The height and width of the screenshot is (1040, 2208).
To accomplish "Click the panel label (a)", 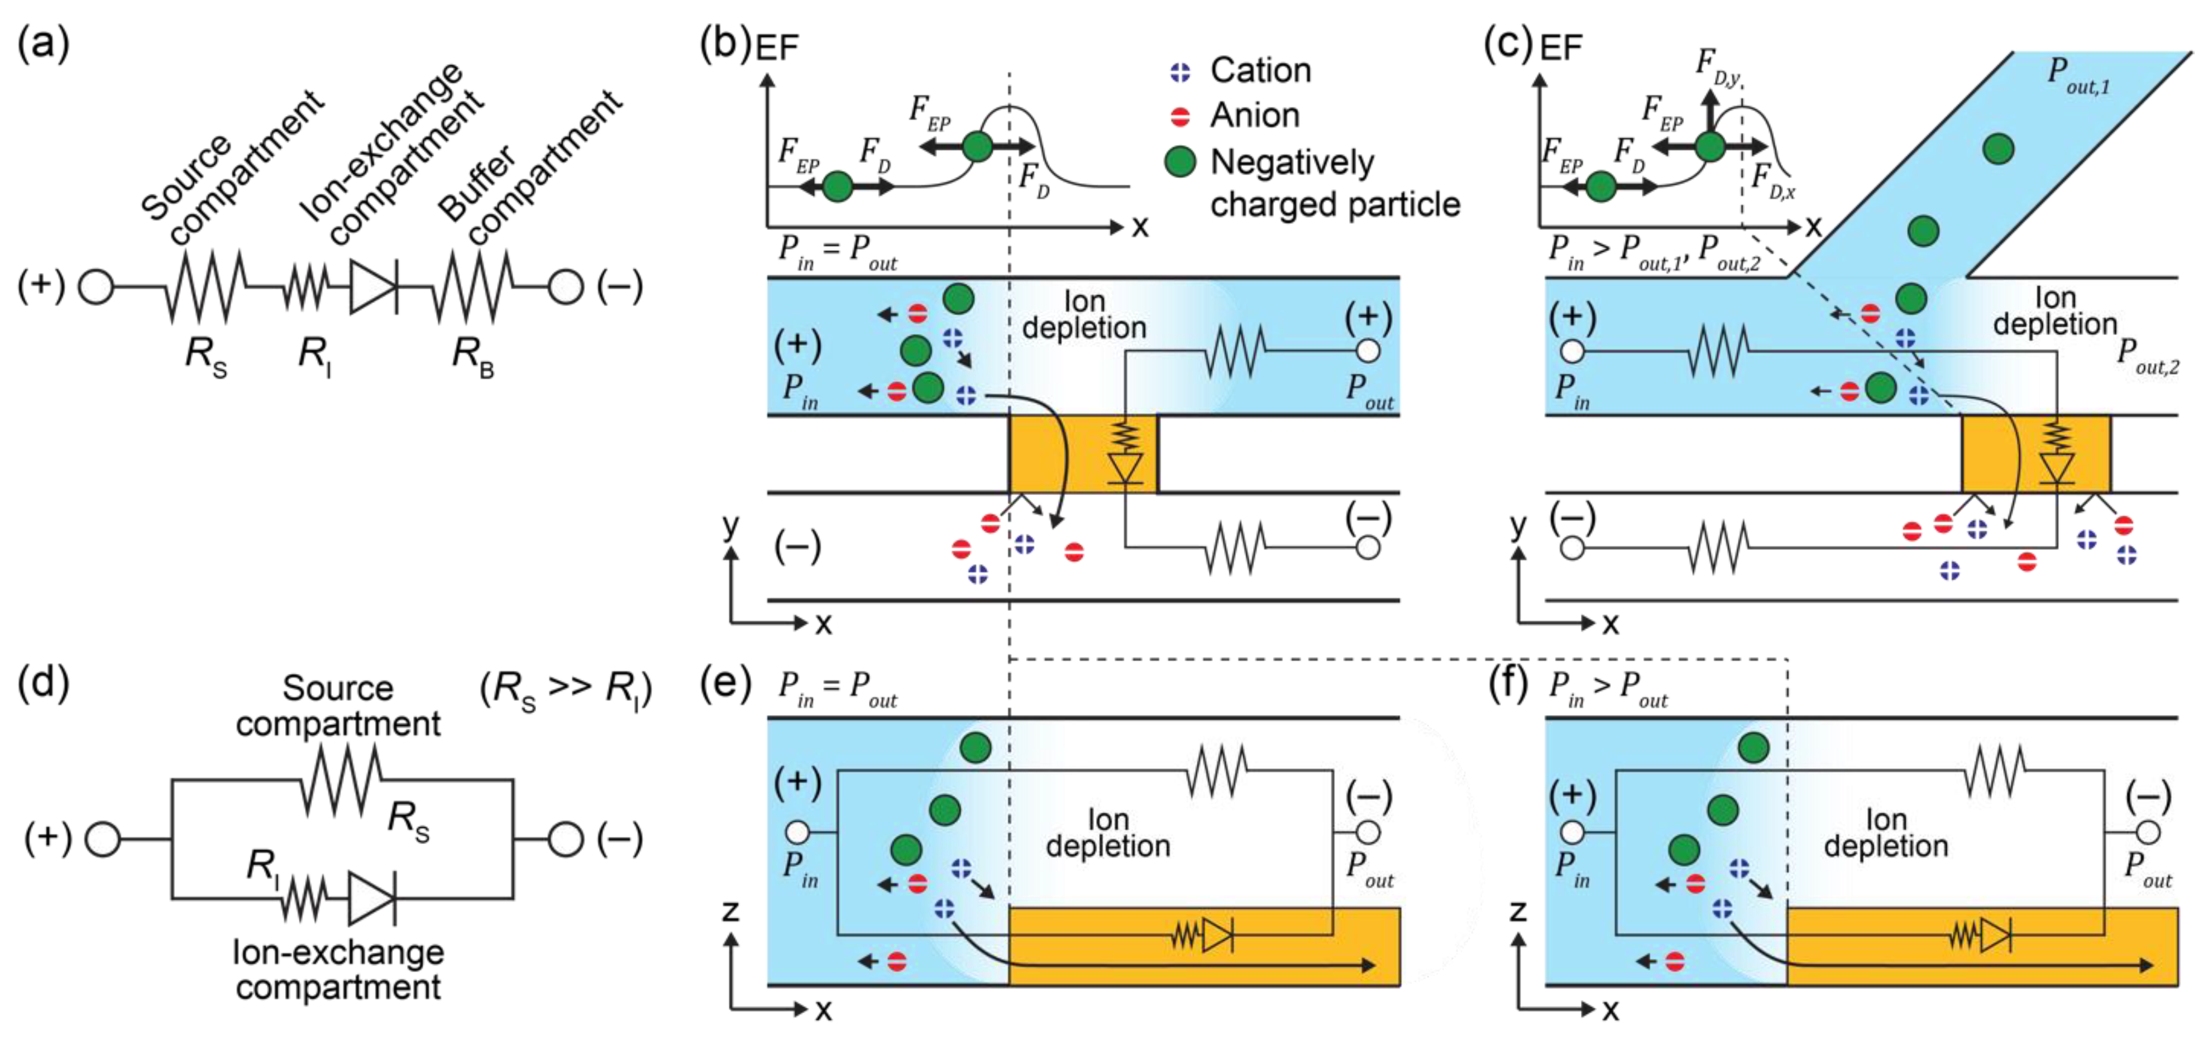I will [x=43, y=43].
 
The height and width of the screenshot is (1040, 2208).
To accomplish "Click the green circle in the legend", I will [x=1181, y=162].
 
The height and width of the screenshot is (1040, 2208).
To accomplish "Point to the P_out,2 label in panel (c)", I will [x=2147, y=356].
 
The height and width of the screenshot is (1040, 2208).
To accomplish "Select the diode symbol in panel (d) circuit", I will [x=372, y=899].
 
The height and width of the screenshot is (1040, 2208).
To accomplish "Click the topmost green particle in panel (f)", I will [x=1753, y=747].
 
